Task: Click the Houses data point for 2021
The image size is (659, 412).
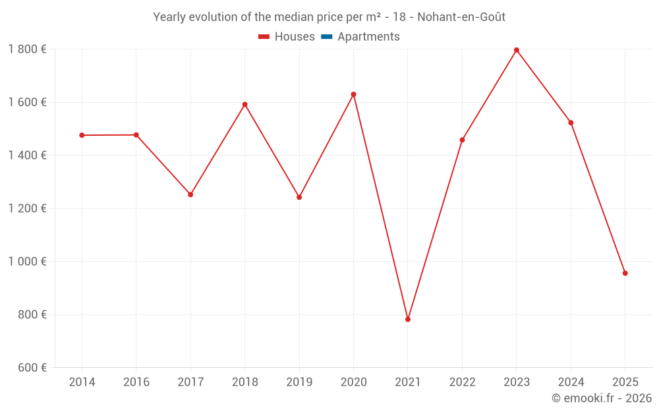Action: [408, 319]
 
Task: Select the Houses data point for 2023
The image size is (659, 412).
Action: [517, 50]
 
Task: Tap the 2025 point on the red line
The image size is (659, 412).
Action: [625, 273]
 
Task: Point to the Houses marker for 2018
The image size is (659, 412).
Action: [244, 104]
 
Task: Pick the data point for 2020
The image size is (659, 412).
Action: [353, 94]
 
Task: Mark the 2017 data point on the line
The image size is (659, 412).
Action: [190, 194]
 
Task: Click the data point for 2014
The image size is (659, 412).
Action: [82, 135]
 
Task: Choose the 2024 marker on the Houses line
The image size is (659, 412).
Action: [571, 123]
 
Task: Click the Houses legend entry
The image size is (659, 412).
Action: [287, 37]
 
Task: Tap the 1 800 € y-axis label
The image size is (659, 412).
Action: [27, 49]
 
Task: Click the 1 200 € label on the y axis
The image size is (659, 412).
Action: [27, 208]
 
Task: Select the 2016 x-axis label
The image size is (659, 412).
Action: [136, 382]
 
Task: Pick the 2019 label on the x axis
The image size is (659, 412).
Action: [299, 382]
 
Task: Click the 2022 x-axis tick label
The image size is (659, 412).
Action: [462, 382]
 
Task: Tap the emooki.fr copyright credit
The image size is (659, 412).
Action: [601, 398]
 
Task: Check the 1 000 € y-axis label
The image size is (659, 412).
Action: [27, 262]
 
